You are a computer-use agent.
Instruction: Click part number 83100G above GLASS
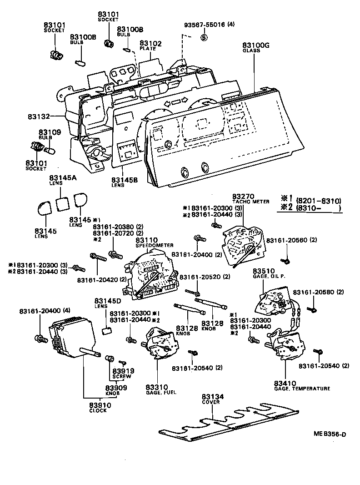(256, 45)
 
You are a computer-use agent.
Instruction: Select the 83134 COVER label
(213, 399)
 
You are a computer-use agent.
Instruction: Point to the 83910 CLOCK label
(98, 407)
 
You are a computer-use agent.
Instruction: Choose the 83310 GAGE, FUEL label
(160, 389)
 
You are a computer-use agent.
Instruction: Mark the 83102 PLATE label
(150, 45)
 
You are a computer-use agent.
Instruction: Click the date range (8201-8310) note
(318, 201)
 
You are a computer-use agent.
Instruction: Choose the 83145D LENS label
(108, 303)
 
